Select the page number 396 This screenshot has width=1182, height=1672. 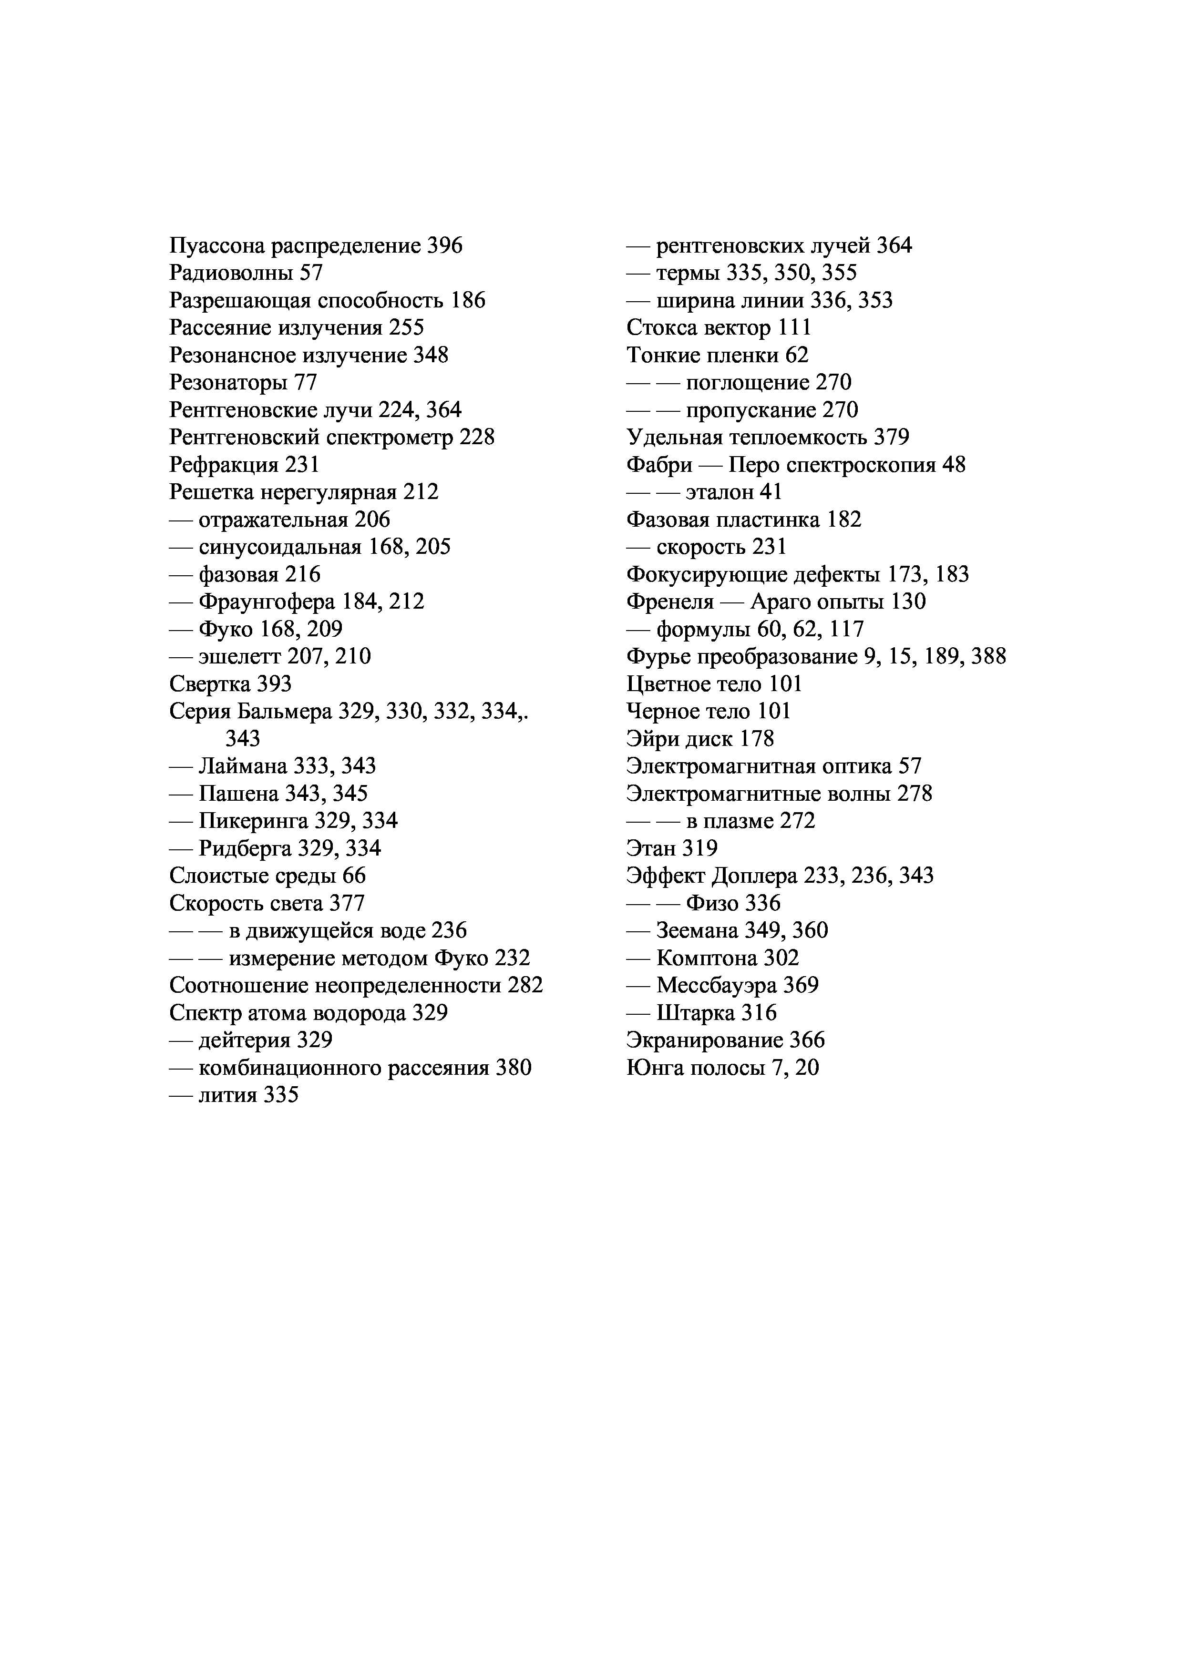pyautogui.click(x=444, y=246)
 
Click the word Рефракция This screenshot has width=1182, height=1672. pyautogui.click(x=224, y=465)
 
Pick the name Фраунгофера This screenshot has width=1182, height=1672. pyautogui.click(x=267, y=602)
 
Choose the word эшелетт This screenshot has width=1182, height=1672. pyautogui.click(x=240, y=657)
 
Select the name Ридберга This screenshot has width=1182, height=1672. pyautogui.click(x=245, y=848)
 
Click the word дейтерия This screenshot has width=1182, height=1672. pyautogui.click(x=244, y=1040)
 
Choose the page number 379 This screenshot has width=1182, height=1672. pyautogui.click(x=892, y=438)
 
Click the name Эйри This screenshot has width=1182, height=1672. pyautogui.click(x=653, y=739)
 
